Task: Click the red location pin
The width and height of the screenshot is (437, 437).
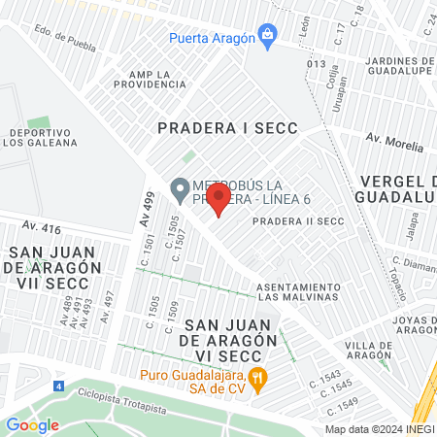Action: pyautogui.click(x=218, y=200)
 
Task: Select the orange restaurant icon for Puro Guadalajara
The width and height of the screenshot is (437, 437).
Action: pyautogui.click(x=257, y=379)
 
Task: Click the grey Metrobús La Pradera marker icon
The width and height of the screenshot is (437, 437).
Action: pyautogui.click(x=179, y=186)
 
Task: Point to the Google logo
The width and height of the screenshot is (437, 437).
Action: pyautogui.click(x=32, y=424)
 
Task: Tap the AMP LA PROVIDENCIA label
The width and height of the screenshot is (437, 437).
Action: pyautogui.click(x=156, y=79)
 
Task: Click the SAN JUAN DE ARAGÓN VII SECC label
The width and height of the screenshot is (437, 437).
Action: pyautogui.click(x=49, y=266)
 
